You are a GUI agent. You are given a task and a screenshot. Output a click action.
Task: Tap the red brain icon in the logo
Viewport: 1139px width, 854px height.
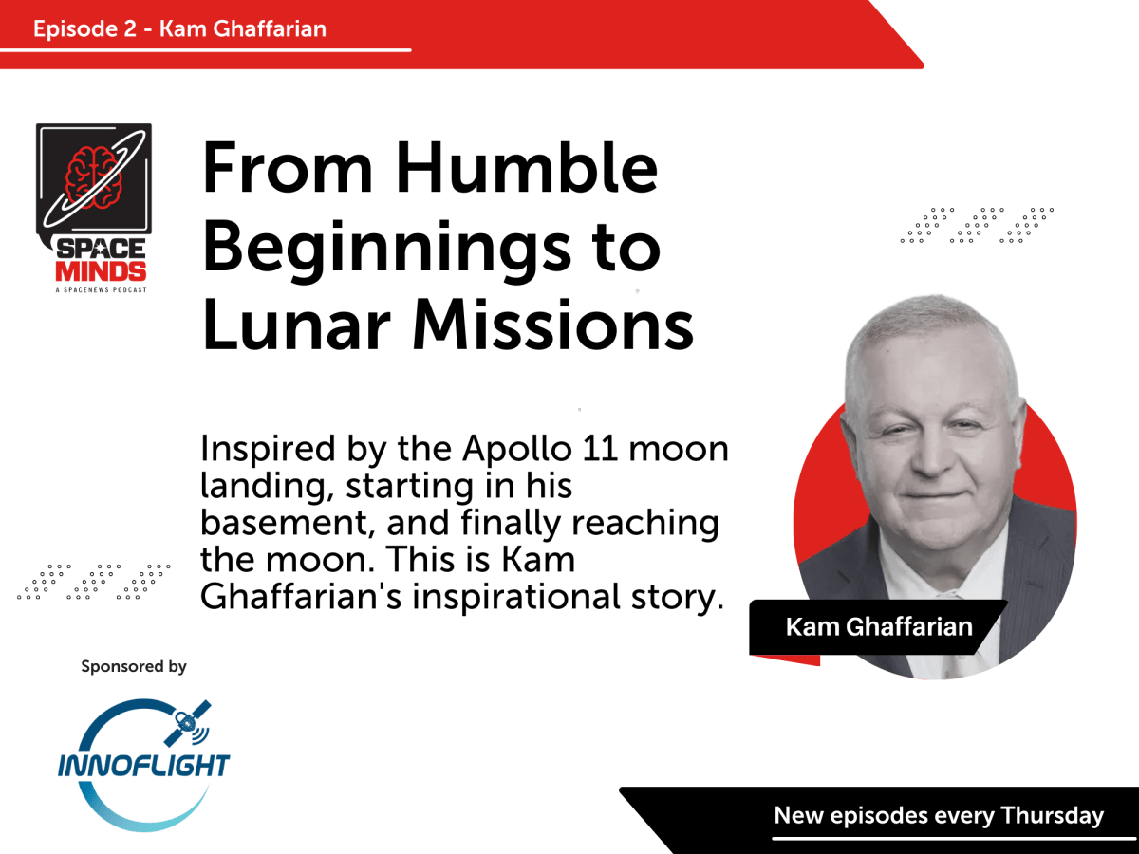click(93, 171)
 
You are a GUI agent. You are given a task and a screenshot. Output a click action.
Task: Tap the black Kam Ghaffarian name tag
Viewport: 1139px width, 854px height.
click(878, 627)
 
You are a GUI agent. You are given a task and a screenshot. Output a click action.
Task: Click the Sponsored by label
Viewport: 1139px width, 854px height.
click(134, 667)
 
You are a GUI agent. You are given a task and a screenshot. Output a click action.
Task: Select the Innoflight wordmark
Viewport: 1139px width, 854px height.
click(142, 765)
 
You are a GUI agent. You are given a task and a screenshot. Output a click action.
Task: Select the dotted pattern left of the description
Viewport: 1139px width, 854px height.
click(94, 582)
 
